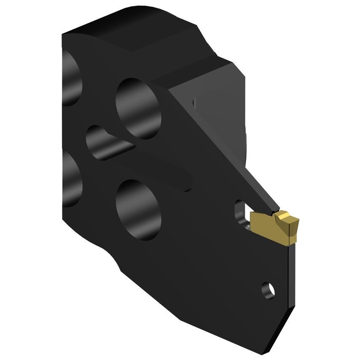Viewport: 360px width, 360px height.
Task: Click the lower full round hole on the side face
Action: coord(139,209)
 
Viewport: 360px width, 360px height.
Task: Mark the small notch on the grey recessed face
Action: coord(194,102)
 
